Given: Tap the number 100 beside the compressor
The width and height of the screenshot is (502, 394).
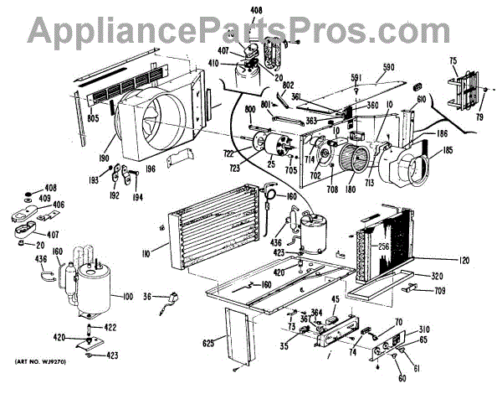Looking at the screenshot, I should pos(127,297).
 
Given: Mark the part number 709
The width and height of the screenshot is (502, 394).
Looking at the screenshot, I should pos(438,291).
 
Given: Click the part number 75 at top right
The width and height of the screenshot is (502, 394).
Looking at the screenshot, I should pos(453,60).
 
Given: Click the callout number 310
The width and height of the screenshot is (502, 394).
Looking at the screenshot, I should pos(423,329).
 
